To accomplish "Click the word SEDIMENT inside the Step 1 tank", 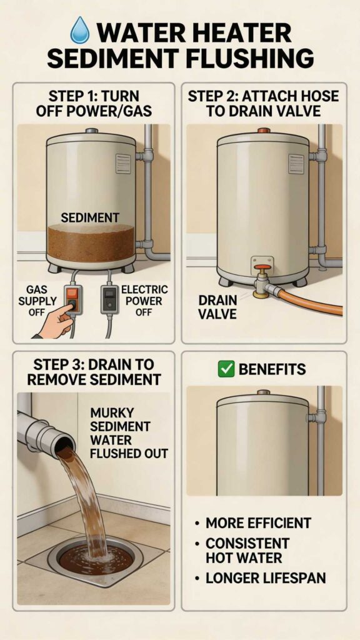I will [x=90, y=217].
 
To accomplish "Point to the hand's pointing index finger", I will [x=61, y=309].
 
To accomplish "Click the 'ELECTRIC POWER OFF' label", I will [x=144, y=300].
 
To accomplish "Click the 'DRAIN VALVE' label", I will [x=217, y=307].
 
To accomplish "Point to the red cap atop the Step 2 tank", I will [x=262, y=131].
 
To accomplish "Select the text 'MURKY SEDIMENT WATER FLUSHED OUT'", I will [x=129, y=432].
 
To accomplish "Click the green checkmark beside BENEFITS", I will [x=226, y=369].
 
